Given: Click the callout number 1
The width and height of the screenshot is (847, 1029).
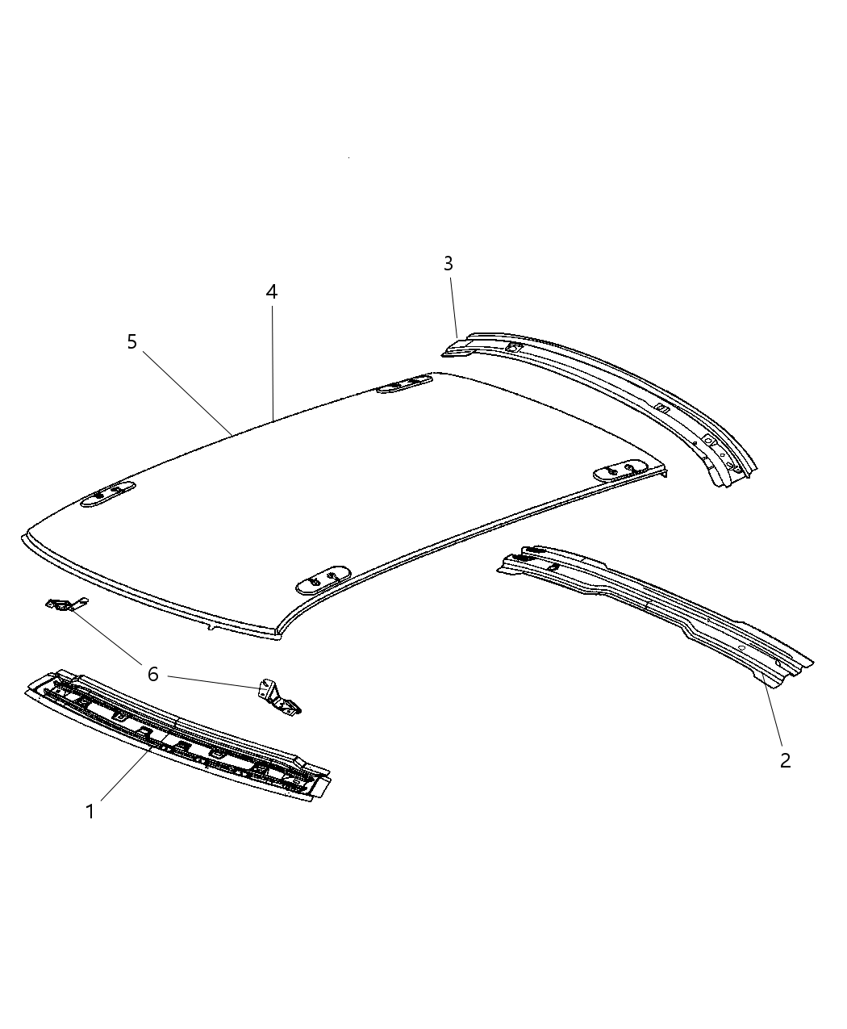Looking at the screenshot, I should [x=90, y=811].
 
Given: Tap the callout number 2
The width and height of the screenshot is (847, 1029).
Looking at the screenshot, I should [x=785, y=759].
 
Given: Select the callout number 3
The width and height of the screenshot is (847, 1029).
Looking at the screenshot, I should [x=448, y=263].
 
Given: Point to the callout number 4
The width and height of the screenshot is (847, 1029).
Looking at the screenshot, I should [x=272, y=292].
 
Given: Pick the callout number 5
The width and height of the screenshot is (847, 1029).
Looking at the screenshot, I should [x=131, y=342].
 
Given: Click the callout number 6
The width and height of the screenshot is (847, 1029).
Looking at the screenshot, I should [x=152, y=673].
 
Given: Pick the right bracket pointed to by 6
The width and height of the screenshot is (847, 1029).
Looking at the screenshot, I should [x=278, y=695].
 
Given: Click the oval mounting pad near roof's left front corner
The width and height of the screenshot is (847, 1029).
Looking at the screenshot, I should [x=108, y=494].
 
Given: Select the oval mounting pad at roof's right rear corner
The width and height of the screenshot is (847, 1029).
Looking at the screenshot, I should [x=620, y=471].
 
